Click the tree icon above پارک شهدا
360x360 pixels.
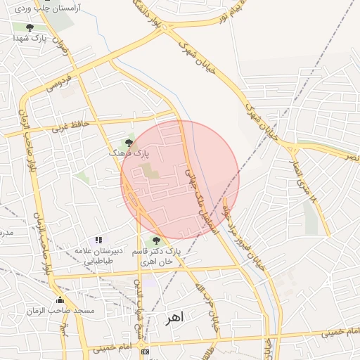click(x=29, y=27)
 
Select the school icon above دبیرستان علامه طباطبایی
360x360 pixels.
click(x=98, y=240)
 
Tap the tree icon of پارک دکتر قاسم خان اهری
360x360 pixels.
click(x=156, y=240)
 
